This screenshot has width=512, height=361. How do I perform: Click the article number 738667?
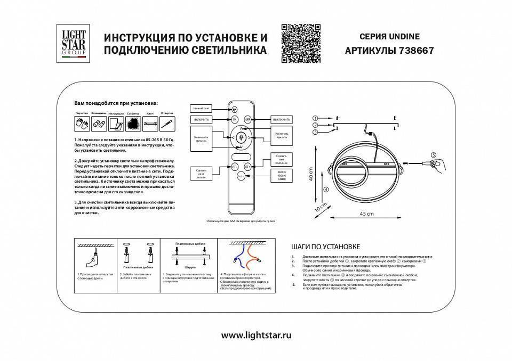point(415,51)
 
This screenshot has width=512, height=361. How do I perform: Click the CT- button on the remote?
point(234,166)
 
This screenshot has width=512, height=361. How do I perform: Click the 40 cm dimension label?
point(310,174)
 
